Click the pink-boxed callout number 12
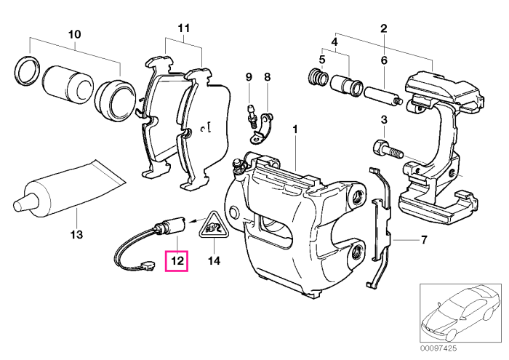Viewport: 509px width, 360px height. coord(177,260)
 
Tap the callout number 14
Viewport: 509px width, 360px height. coord(214,260)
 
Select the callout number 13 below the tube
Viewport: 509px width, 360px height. coord(76,234)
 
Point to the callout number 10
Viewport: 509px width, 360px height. coord(74,33)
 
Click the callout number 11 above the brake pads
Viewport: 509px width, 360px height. coord(183,28)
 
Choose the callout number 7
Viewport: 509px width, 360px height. coord(424,240)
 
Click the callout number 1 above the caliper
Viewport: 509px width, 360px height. coord(295,129)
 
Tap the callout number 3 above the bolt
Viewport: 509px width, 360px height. coord(384,119)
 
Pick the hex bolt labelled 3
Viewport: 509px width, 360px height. coord(388,150)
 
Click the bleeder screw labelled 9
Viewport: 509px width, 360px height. coord(250,116)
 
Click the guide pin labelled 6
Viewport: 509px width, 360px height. coord(383,96)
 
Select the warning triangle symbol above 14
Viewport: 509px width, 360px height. coord(214,226)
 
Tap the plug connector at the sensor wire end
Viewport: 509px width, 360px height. coord(148,266)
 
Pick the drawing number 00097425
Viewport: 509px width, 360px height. coord(438,348)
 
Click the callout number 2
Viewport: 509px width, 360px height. coord(384,28)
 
